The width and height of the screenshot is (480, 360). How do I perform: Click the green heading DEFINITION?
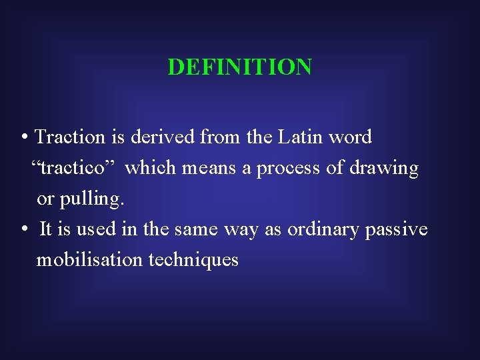tap(239, 67)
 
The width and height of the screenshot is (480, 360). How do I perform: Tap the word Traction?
tap(70, 137)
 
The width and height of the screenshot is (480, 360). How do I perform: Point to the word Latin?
tap(299, 137)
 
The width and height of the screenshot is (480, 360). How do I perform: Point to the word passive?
tap(396, 230)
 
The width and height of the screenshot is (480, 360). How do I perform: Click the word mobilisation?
tap(89, 260)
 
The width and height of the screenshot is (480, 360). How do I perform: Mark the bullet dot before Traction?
tap(24, 138)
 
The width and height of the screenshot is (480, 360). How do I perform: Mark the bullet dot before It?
tap(24, 230)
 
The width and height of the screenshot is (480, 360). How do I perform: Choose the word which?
tap(147, 168)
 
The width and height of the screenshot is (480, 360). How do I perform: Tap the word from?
tap(221, 137)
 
